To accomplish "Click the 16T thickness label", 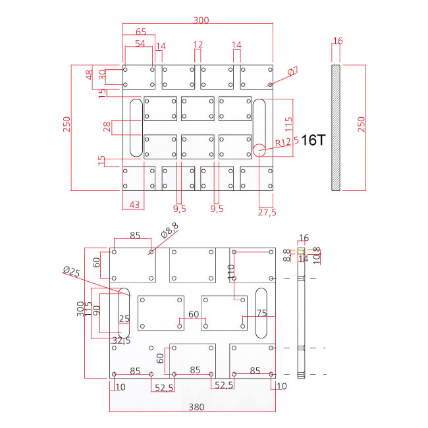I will (x=313, y=139).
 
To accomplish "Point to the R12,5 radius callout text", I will (x=287, y=141).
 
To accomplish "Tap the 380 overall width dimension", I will (x=196, y=407).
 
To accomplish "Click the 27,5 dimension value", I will (x=267, y=212).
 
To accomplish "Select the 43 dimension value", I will (x=134, y=205).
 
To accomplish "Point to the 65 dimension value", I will (x=141, y=31).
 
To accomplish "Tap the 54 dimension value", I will (x=140, y=43).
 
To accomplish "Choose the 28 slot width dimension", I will (x=107, y=126).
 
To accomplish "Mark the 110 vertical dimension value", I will (x=231, y=273).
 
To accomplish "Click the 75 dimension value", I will (x=262, y=313).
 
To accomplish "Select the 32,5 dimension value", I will (x=120, y=340).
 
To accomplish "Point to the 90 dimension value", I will (x=96, y=309).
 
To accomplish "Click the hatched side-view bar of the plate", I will (x=336, y=126).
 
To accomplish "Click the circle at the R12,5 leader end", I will (x=259, y=150).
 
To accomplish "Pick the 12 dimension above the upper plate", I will (x=198, y=44).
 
